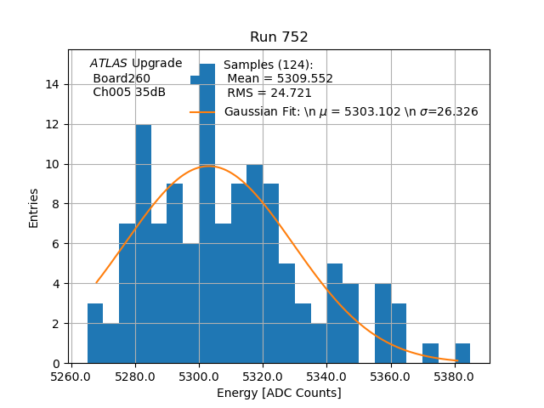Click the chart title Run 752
(x=279, y=37)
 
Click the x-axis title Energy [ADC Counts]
(x=279, y=393)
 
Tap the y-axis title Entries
(x=34, y=207)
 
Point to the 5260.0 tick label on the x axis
(x=71, y=376)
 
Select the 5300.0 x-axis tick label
(x=199, y=376)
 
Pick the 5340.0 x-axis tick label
(x=326, y=376)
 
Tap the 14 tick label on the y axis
(x=54, y=84)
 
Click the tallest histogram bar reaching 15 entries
(x=207, y=212)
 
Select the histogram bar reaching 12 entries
(x=144, y=246)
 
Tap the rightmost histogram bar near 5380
(x=462, y=354)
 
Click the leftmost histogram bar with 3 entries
(x=95, y=334)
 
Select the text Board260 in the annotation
(x=122, y=78)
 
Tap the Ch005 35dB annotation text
(x=129, y=93)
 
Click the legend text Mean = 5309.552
(x=280, y=79)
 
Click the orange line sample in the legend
(x=202, y=111)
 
